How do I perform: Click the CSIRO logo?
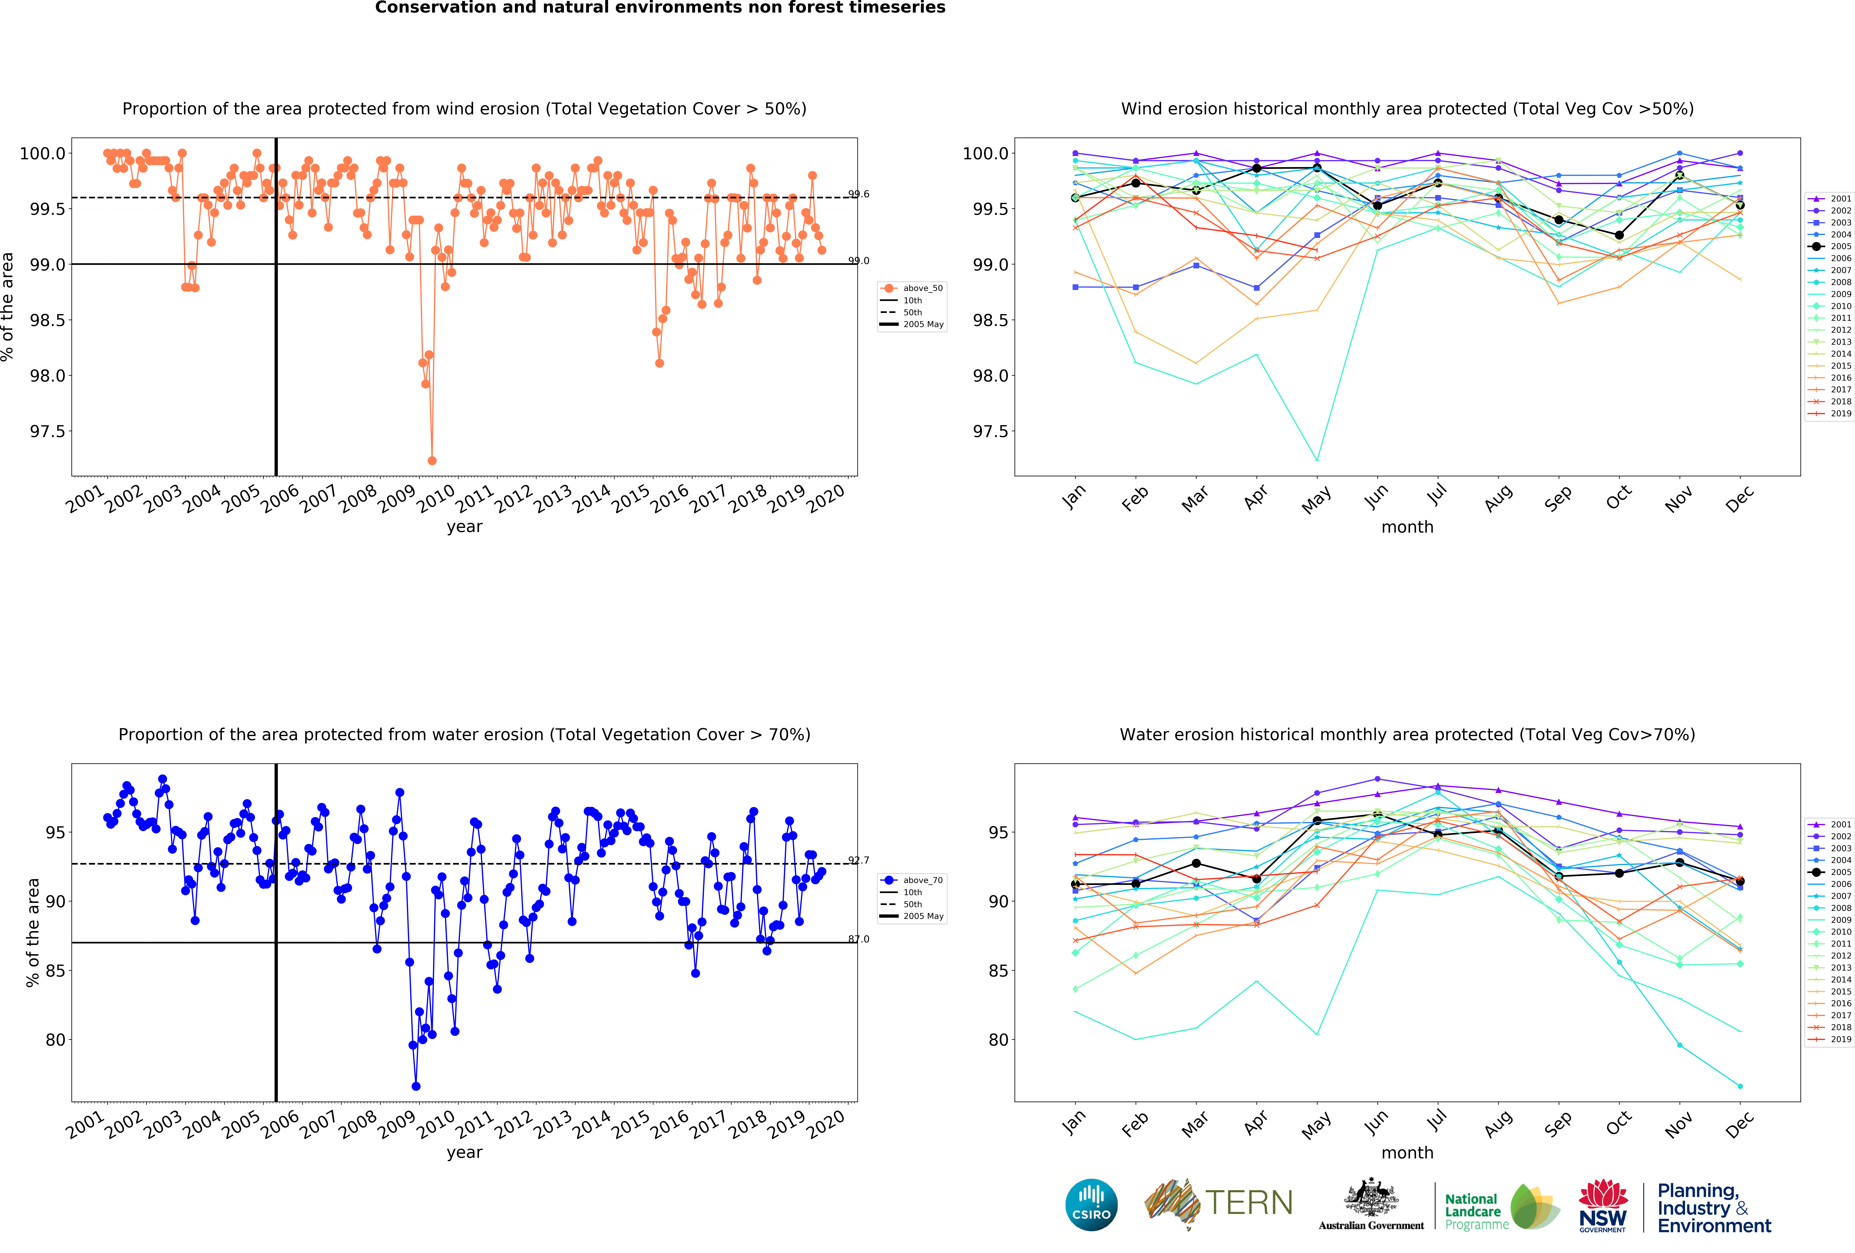1091,1204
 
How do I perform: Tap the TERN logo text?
1249,1203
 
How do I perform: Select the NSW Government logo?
1603,1205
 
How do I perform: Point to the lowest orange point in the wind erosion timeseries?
432,460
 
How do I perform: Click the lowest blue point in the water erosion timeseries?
416,1086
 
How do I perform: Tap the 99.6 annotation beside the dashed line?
859,194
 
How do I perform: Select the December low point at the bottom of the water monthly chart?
1740,1086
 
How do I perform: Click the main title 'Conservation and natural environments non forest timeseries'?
660,8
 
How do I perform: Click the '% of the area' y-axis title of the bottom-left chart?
33,932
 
